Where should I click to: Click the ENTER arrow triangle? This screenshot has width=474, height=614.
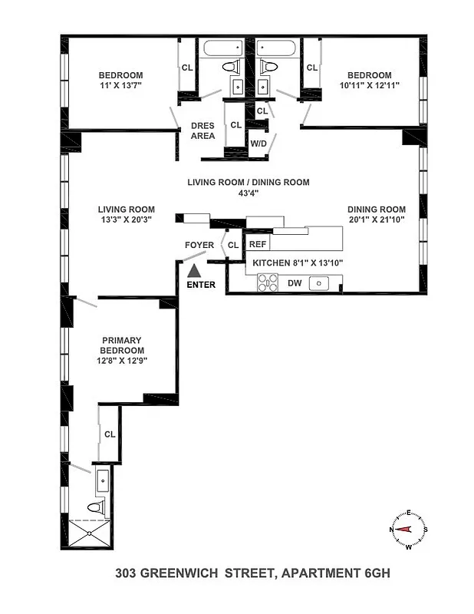[195, 270]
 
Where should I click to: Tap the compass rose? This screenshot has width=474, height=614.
[409, 530]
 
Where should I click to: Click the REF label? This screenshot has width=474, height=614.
[257, 245]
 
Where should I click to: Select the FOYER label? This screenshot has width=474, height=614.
[199, 245]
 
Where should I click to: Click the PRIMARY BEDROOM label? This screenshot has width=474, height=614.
[123, 345]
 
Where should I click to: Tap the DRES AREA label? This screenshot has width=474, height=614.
[202, 130]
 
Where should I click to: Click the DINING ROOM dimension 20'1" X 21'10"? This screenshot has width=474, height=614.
[376, 220]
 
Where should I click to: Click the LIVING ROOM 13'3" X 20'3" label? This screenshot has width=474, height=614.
[126, 214]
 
